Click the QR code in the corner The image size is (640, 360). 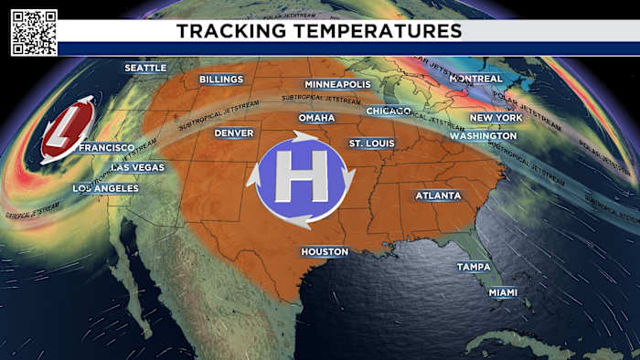coord(34,33)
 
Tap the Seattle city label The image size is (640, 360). coord(145,68)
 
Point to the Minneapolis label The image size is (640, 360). coord(337,84)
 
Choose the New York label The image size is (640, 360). coord(496,118)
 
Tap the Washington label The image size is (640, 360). coord(483,135)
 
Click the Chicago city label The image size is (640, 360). coord(389,111)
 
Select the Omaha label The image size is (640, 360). coord(316,118)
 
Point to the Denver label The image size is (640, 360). coord(233,132)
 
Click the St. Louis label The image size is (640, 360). coord(371,143)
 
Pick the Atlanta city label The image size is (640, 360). coord(438,196)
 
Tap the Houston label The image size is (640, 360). coord(325,251)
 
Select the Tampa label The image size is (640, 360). coord(474,267)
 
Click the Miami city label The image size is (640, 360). coord(502,292)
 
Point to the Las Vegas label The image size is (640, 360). coord(137,167)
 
